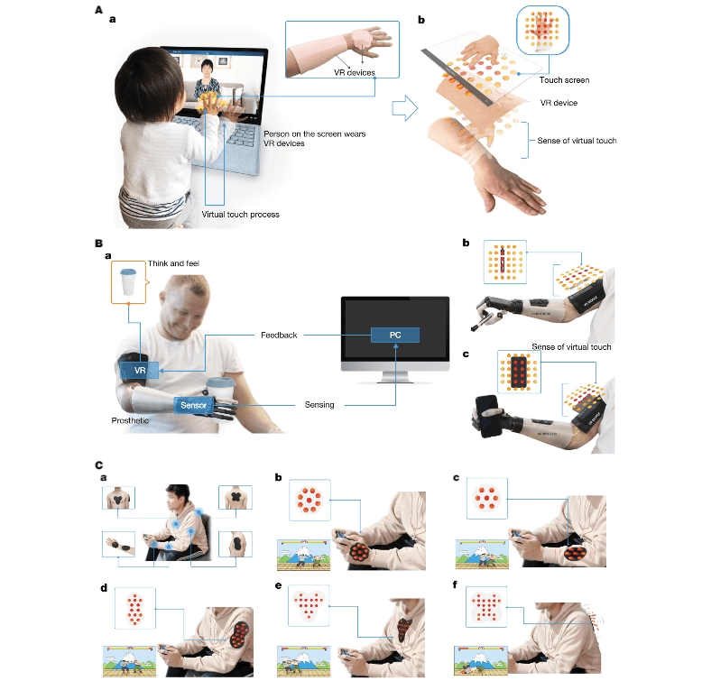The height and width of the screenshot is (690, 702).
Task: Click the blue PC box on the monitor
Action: [395, 335]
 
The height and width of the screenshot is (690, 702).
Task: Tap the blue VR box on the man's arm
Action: [139, 370]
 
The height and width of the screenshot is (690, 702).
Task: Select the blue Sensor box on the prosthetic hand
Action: [193, 405]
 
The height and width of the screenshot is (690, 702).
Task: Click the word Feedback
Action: [279, 336]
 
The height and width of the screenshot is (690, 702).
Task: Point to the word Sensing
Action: [319, 404]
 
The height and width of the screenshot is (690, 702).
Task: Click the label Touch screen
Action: [564, 80]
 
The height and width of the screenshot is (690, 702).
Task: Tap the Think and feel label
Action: [173, 263]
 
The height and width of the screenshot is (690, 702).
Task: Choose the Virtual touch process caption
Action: [240, 215]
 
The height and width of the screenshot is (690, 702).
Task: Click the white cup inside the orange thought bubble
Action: [128, 282]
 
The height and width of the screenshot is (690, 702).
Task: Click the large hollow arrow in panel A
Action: [405, 108]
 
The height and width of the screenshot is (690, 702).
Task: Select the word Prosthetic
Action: [130, 420]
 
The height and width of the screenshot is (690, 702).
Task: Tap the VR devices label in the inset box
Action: [354, 72]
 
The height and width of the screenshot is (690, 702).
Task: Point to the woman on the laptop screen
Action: [207, 80]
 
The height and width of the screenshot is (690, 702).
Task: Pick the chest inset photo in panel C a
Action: [118, 497]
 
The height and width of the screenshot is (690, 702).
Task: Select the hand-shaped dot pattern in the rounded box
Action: [542, 30]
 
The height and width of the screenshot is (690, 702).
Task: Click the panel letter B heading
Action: [99, 244]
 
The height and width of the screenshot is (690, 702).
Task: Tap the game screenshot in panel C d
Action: [129, 661]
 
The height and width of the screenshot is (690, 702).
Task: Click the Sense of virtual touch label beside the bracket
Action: [577, 141]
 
